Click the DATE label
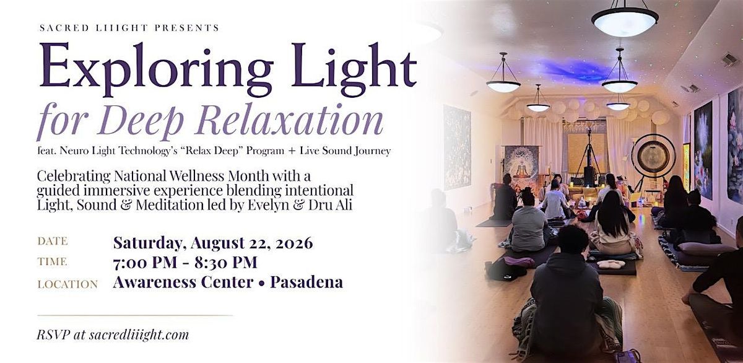click(x=53, y=241)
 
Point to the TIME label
click(x=52, y=262)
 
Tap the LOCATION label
click(x=67, y=284)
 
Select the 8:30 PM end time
click(x=225, y=263)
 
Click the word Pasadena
click(x=306, y=282)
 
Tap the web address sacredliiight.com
click(x=139, y=335)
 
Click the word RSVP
click(x=53, y=335)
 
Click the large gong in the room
click(x=653, y=156)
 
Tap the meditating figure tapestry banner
click(x=521, y=167)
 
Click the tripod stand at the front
click(x=588, y=156)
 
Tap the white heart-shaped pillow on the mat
click(x=610, y=265)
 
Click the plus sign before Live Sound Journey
click(x=292, y=151)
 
